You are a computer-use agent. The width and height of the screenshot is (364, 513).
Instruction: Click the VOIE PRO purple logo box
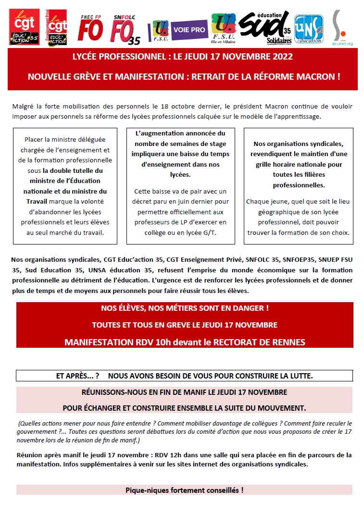[189, 30]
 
